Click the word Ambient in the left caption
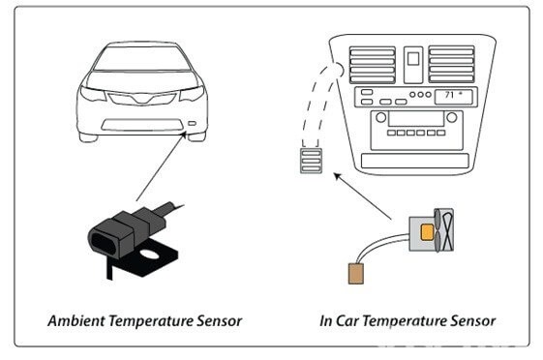click(x=76, y=320)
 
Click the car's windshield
click(x=142, y=58)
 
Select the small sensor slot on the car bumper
click(x=192, y=123)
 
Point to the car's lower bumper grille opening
click(x=142, y=125)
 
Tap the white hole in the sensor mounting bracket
click(x=151, y=255)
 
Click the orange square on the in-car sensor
click(x=428, y=231)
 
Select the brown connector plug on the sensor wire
click(x=355, y=274)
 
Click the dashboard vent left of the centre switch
click(x=373, y=65)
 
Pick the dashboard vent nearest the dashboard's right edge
click(x=452, y=65)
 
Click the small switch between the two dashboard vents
click(x=413, y=65)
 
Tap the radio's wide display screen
click(x=416, y=119)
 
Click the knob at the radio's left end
click(x=381, y=117)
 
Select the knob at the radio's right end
click(x=452, y=117)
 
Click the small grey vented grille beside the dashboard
click(x=311, y=161)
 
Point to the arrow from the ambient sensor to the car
click(x=162, y=166)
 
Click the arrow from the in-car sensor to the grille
click(x=363, y=196)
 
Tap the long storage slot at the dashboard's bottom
click(x=415, y=161)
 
